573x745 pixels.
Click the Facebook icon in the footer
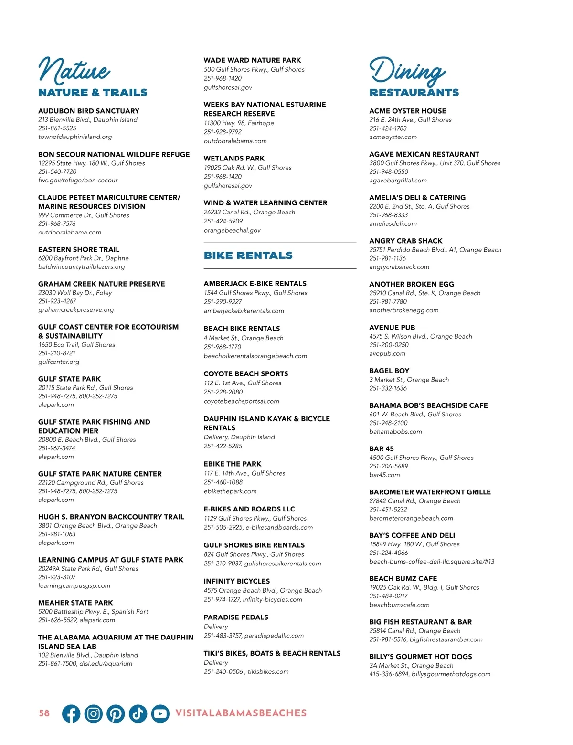point(71,713)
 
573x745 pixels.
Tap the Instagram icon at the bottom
point(94,713)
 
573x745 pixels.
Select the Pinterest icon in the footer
point(116,713)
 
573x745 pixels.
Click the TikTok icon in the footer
point(138,713)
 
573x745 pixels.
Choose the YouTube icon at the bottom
point(160,713)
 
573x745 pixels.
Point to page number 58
point(44,713)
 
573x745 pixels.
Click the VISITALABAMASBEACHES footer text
point(241,713)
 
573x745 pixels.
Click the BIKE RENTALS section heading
point(248,255)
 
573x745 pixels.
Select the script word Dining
point(407,71)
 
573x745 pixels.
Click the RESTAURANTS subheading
point(414,93)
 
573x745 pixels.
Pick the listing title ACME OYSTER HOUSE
point(407,111)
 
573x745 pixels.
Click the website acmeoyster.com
point(393,137)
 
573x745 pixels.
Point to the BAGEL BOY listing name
point(389,371)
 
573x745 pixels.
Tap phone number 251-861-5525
point(57,128)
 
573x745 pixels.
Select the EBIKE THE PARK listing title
point(233,464)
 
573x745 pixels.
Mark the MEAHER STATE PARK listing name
point(75,603)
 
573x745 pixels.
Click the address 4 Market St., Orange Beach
point(244,338)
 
